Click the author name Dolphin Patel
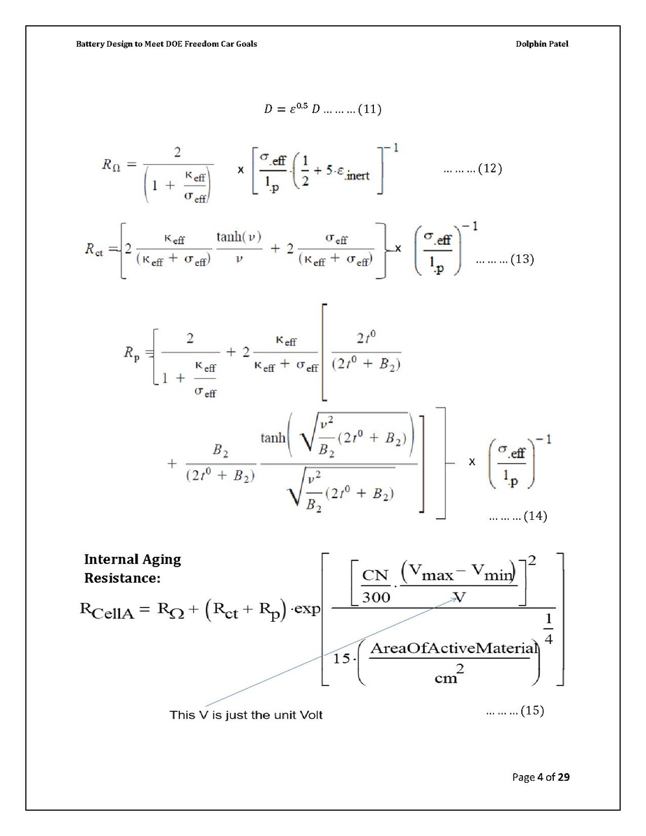[x=541, y=44]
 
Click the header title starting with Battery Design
[x=166, y=44]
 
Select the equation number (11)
[x=370, y=110]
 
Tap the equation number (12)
[x=490, y=168]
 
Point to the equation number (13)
[x=522, y=259]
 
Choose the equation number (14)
[x=535, y=516]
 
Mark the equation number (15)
[x=532, y=710]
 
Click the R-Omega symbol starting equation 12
[x=111, y=165]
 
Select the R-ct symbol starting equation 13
[x=94, y=250]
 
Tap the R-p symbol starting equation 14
[x=132, y=353]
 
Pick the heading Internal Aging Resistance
[x=133, y=568]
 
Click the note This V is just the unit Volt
[x=246, y=715]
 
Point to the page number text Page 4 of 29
[x=541, y=777]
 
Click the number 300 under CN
[x=376, y=597]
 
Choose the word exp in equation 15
[x=308, y=609]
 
